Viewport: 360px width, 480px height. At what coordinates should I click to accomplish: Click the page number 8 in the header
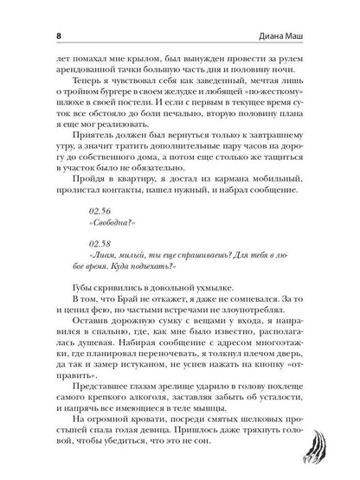[30, 13]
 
